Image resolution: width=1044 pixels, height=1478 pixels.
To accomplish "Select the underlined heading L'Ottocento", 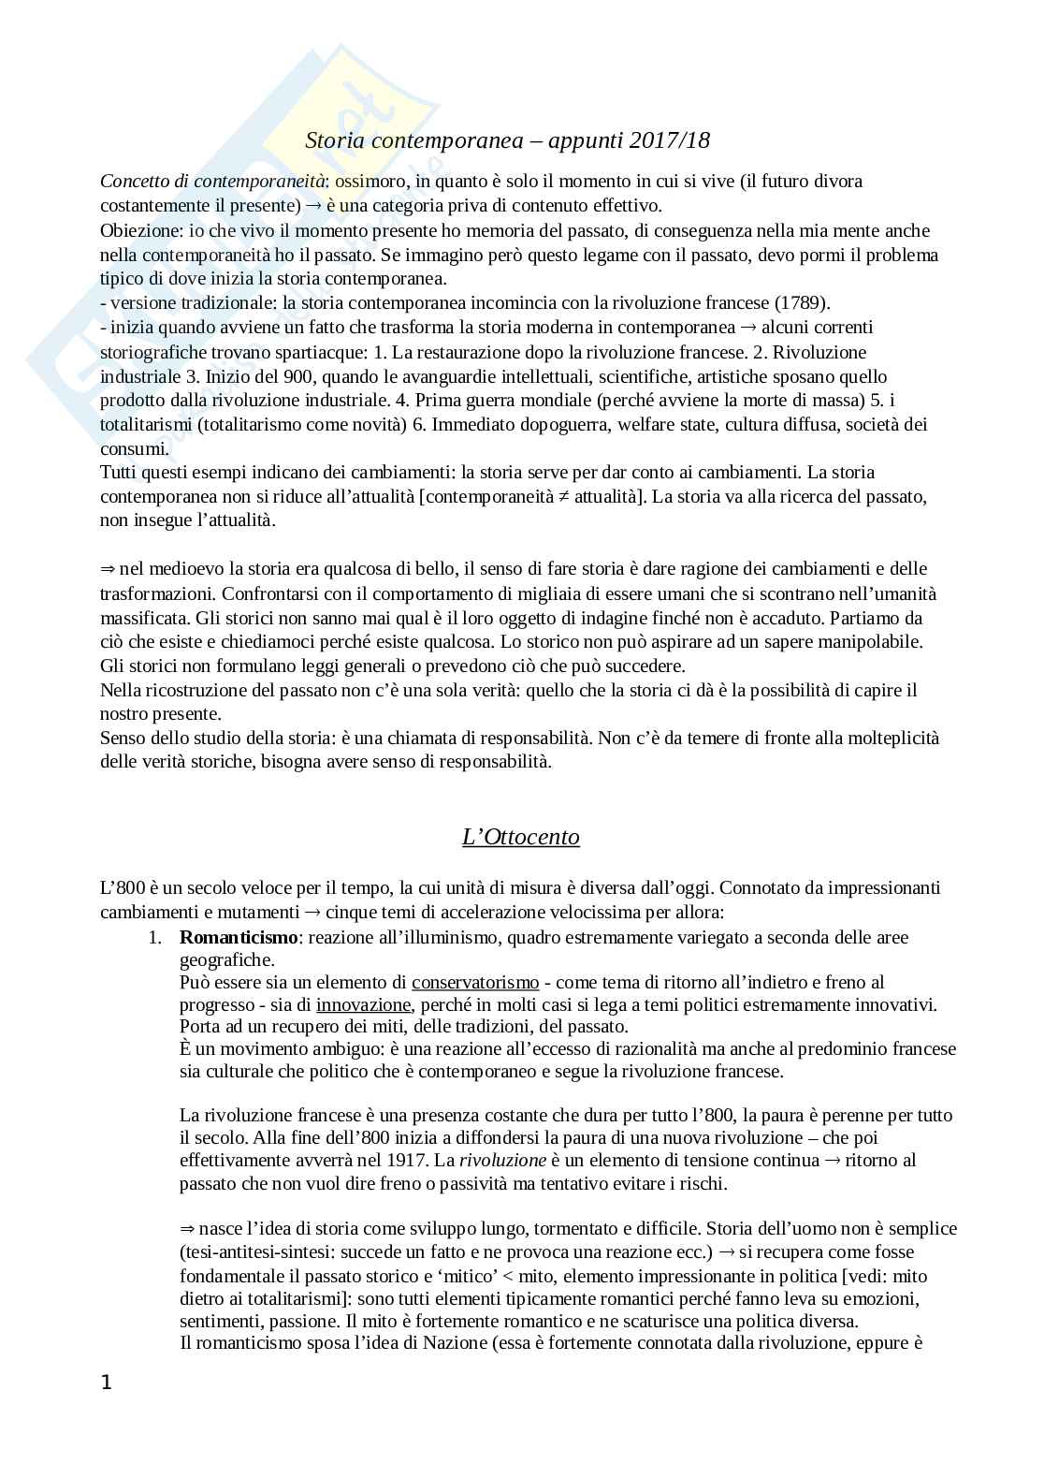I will (521, 837).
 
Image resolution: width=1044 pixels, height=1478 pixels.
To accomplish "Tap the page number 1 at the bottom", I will (106, 1383).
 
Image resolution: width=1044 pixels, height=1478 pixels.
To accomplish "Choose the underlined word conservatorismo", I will (475, 982).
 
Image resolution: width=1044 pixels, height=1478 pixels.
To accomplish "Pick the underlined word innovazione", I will (363, 1004).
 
